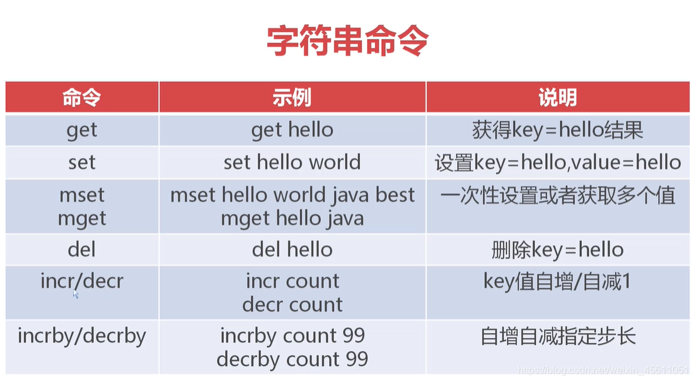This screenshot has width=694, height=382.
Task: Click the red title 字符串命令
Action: [347, 41]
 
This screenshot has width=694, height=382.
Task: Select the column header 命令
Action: [82, 97]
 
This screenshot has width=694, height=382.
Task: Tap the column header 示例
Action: [292, 97]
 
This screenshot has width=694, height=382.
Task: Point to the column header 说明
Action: [558, 97]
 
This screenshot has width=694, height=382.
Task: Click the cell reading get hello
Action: [292, 130]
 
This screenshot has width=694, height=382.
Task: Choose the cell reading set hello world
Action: [292, 162]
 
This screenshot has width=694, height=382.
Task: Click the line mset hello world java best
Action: [292, 195]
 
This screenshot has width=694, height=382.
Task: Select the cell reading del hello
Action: [292, 250]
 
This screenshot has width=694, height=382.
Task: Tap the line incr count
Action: [292, 281]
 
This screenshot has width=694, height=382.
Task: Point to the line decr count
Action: [292, 304]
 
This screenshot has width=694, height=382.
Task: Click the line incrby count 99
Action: [292, 336]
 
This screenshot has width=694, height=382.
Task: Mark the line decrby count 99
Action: [292, 359]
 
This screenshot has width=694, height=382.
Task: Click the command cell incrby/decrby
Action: [82, 336]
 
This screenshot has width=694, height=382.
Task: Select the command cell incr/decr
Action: [82, 281]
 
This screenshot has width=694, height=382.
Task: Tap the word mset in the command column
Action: [82, 195]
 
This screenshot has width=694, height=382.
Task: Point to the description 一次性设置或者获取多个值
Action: [558, 195]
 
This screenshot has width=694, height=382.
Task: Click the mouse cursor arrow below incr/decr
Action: [75, 294]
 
